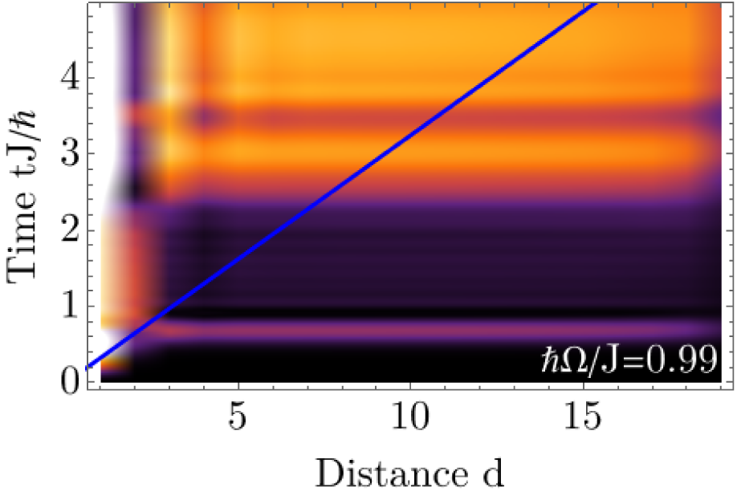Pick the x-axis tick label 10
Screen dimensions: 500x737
pyautogui.click(x=409, y=423)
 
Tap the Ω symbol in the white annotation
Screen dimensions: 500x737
pyautogui.click(x=572, y=360)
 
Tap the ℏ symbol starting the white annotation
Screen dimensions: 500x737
pyautogui.click(x=551, y=360)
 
